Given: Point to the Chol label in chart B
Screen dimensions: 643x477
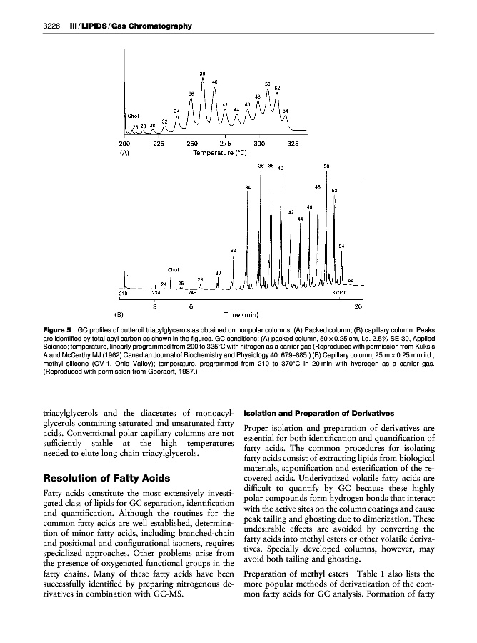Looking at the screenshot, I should coord(172,269).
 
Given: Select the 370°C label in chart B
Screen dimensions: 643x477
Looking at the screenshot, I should coord(340,292).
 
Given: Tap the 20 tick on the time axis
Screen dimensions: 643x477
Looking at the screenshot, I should coord(358,306).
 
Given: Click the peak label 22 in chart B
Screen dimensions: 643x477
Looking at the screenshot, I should coord(233,250).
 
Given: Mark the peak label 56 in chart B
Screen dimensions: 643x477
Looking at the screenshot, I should coord(351,280).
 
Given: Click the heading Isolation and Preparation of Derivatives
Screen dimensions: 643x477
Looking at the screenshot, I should coord(309,413).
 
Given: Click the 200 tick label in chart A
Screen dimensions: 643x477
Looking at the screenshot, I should coord(125,144).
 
